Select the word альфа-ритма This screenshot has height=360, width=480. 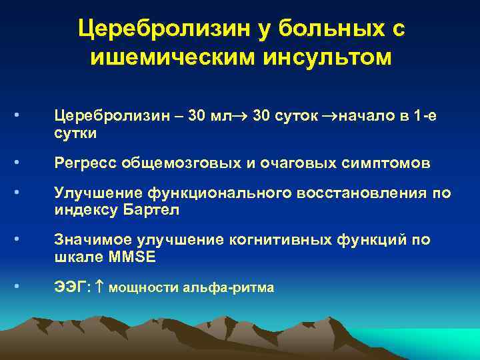pyautogui.click(x=236, y=288)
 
